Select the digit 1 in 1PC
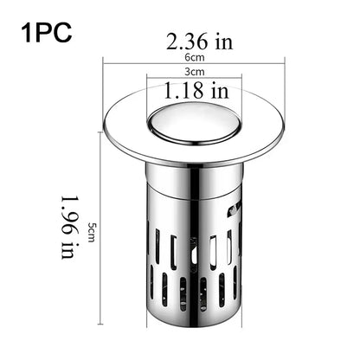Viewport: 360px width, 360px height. pyautogui.click(x=28, y=35)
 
